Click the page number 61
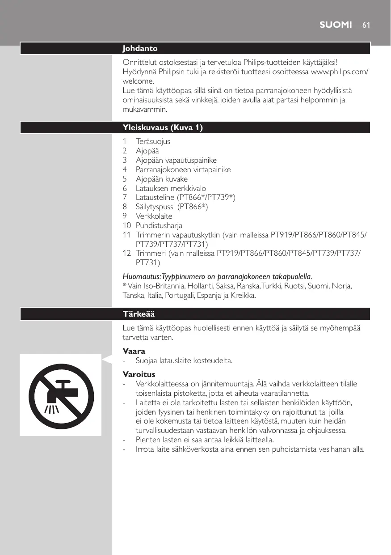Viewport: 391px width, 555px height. pyautogui.click(x=366, y=25)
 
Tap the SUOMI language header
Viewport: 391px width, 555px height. pyautogui.click(x=336, y=25)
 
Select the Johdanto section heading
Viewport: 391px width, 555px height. pyautogui.click(x=140, y=48)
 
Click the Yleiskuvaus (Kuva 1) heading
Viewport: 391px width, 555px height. pyautogui.click(x=163, y=128)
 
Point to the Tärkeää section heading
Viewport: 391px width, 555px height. pyautogui.click(x=139, y=314)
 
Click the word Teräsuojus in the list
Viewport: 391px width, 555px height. pyautogui.click(x=153, y=141)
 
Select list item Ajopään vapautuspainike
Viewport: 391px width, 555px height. pyautogui.click(x=176, y=160)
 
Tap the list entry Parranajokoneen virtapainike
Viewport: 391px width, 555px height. pyautogui.click(x=183, y=169)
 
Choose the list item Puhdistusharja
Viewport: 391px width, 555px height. pyautogui.click(x=159, y=225)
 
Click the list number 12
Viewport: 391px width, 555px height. pyautogui.click(x=126, y=254)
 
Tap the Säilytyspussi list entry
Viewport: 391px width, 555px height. pyautogui.click(x=156, y=207)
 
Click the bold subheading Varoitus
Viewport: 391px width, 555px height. pyautogui.click(x=139, y=374)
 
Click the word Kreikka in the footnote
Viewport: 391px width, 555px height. pyautogui.click(x=244, y=296)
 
